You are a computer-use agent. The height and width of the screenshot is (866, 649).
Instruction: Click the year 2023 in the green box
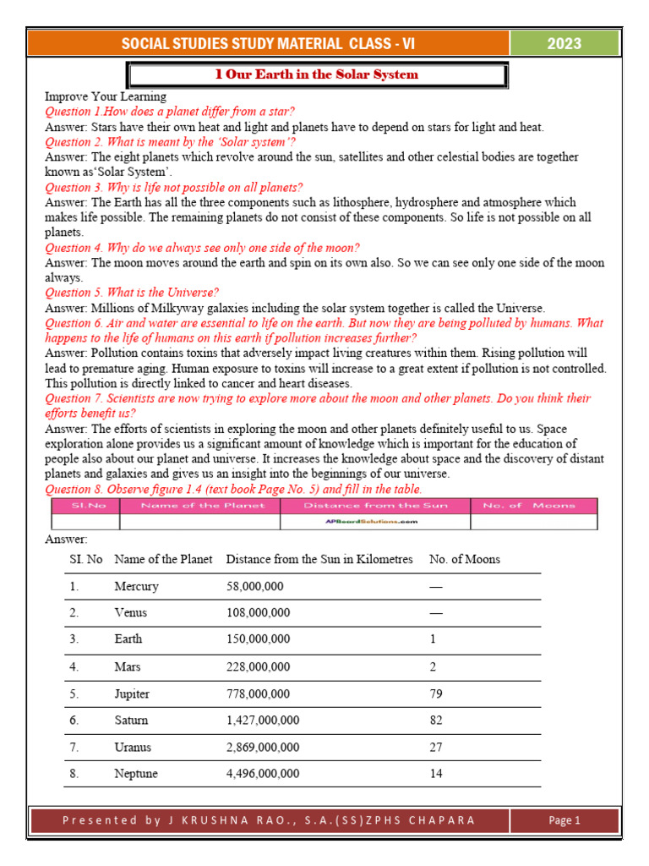click(564, 44)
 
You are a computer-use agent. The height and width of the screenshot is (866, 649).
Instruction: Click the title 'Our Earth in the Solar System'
click(317, 74)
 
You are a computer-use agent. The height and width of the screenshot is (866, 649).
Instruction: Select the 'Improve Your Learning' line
click(106, 96)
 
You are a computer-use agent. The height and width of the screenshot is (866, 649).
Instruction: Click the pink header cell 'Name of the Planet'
click(202, 506)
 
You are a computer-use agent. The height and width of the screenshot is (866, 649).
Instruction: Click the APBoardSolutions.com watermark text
click(373, 522)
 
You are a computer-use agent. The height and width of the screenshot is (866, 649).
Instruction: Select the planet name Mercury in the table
click(136, 586)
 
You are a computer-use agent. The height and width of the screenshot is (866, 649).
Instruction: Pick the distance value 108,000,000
click(258, 612)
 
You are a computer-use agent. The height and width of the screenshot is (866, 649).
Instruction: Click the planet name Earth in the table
click(128, 639)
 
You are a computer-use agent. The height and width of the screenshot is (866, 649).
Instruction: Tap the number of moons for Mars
click(433, 666)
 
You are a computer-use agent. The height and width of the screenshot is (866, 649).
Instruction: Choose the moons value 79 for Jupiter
click(436, 693)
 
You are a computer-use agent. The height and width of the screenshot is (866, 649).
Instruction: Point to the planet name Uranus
click(132, 748)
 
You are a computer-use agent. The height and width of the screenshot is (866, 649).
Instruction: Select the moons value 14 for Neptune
click(436, 774)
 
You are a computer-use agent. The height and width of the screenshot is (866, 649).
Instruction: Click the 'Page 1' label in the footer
click(564, 820)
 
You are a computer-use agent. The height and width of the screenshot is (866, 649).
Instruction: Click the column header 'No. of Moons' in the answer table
click(464, 559)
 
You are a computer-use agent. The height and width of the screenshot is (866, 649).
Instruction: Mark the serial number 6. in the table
click(74, 721)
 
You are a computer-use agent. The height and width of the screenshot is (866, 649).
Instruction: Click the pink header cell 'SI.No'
click(85, 506)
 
